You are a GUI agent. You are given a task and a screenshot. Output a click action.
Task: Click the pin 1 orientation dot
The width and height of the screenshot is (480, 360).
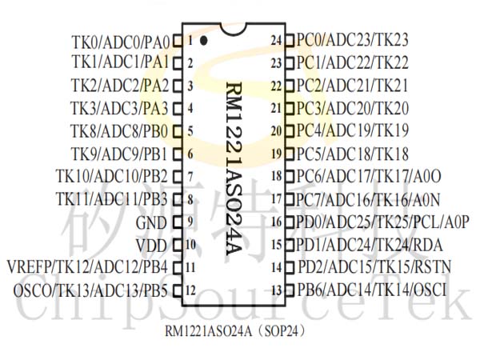(203, 41)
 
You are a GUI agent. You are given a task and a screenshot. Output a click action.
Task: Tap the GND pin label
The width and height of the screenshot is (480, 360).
(151, 222)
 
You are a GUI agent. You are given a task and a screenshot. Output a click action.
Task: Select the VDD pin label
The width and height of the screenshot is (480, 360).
(151, 246)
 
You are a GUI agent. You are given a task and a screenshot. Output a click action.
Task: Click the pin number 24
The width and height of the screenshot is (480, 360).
(276, 40)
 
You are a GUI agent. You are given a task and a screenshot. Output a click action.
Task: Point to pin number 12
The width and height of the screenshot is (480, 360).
(190, 290)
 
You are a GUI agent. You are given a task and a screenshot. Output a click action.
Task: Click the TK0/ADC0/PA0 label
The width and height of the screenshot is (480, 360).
(120, 42)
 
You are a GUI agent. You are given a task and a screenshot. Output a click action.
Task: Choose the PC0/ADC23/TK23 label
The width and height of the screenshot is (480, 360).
(352, 40)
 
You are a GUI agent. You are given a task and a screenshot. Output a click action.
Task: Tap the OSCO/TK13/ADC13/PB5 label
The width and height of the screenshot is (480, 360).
(90, 290)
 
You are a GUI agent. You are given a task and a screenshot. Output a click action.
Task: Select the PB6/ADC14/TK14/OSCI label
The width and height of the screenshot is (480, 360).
(372, 290)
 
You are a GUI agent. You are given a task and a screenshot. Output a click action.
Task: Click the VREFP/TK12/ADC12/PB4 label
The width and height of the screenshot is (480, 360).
(87, 267)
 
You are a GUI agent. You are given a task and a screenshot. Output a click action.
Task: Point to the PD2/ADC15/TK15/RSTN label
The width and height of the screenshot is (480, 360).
(374, 266)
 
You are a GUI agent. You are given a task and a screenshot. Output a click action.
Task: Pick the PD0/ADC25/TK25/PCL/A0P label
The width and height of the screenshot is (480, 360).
(382, 222)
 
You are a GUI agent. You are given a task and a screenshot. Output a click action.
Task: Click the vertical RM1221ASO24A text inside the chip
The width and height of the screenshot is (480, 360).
(234, 169)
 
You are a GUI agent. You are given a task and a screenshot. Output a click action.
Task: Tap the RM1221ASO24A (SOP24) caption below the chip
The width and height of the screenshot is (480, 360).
(235, 331)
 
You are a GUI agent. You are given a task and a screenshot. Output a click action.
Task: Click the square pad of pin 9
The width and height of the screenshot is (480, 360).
(178, 222)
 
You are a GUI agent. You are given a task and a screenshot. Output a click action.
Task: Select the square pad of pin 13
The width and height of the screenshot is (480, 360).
(290, 290)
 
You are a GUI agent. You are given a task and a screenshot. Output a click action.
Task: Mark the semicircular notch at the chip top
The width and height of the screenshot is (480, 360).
(234, 30)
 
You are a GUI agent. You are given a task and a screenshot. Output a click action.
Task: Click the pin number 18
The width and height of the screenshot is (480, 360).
(277, 176)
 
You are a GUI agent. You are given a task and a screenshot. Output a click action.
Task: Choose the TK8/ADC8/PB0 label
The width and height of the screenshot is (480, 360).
(119, 131)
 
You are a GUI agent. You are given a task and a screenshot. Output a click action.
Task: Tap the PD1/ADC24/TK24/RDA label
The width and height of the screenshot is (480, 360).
(369, 245)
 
